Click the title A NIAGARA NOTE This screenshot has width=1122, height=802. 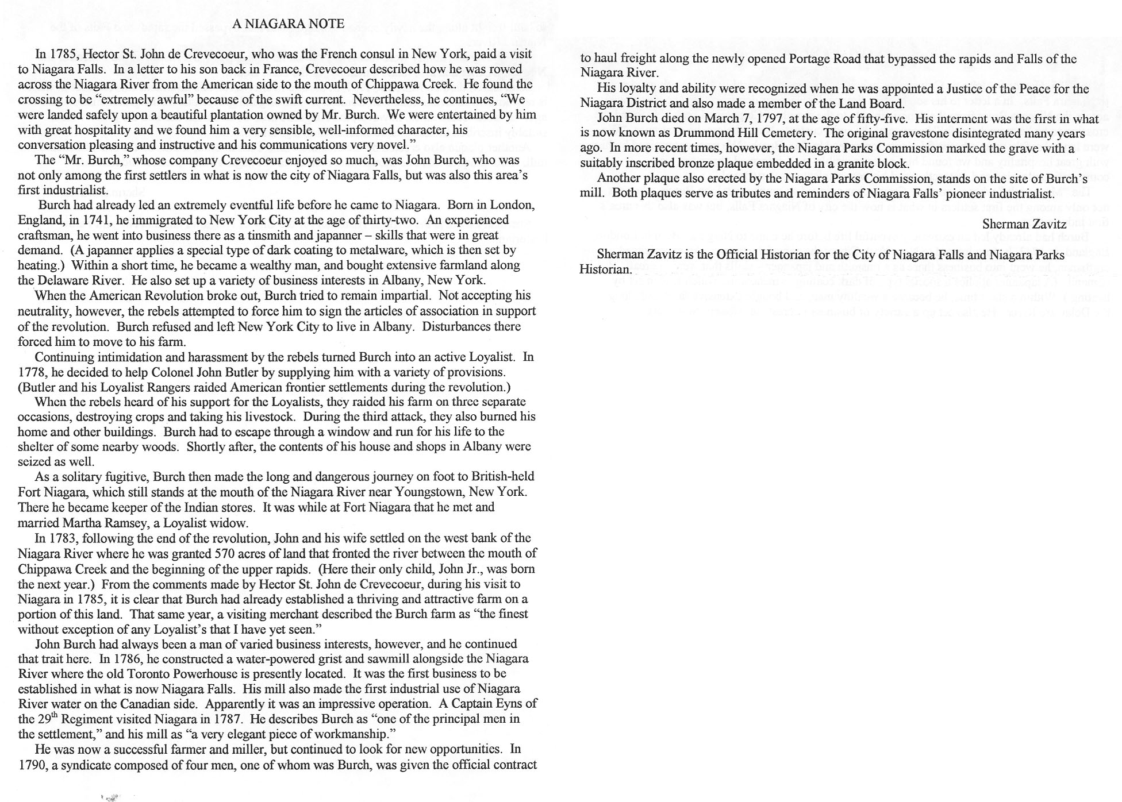point(289,24)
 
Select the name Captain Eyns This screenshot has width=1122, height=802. point(487,703)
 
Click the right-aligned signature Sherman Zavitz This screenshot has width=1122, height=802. point(1024,224)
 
